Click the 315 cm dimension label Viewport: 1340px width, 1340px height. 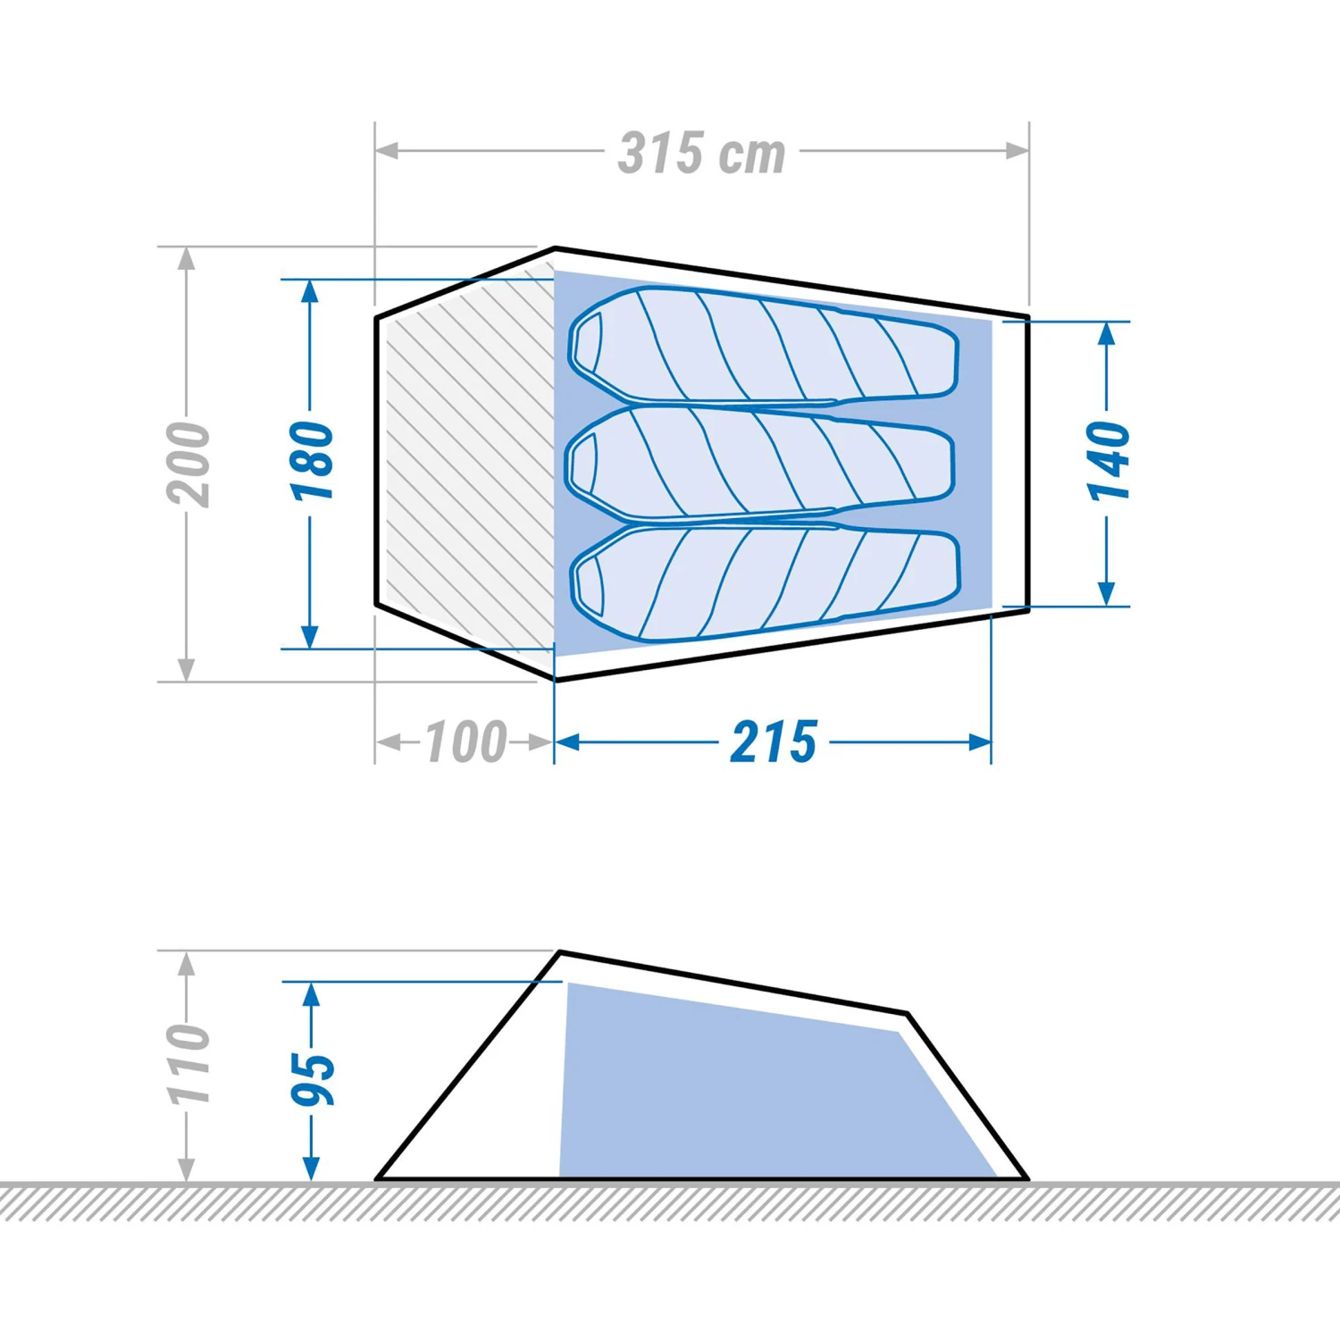(x=702, y=154)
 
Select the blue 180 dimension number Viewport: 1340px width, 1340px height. (x=312, y=461)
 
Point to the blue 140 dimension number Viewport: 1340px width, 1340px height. (x=1108, y=461)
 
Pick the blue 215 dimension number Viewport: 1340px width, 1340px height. (x=774, y=742)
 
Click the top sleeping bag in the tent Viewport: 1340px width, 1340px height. (x=764, y=345)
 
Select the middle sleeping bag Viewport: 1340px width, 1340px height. (x=759, y=463)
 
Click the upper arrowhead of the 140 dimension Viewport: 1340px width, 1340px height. (x=1107, y=332)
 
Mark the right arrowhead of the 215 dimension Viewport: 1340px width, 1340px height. (x=981, y=742)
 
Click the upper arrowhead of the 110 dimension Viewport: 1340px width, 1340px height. (x=186, y=963)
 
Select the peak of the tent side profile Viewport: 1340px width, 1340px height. (x=560, y=953)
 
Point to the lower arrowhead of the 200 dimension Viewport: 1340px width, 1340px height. (x=186, y=670)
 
